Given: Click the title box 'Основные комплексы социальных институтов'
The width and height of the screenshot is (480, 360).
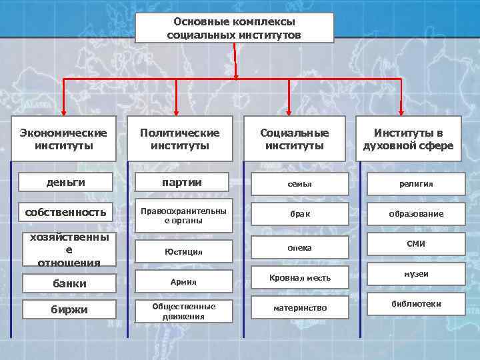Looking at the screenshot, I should (x=234, y=28).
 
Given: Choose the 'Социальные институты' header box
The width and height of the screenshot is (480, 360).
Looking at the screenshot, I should (x=294, y=139).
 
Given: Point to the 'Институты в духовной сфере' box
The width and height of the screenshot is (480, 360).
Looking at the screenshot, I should (x=408, y=139).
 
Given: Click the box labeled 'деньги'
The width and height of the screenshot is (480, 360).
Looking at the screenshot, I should (x=66, y=182).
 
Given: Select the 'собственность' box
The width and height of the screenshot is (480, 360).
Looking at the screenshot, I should (x=66, y=213).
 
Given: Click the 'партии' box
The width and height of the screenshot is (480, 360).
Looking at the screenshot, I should (x=183, y=182).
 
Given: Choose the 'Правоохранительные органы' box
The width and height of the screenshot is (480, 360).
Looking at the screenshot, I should (x=183, y=215).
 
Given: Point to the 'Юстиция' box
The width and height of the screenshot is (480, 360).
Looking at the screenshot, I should (x=184, y=252).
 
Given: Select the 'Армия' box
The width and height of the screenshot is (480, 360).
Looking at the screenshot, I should (x=184, y=282).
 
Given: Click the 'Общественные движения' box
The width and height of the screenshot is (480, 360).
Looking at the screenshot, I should (x=184, y=311).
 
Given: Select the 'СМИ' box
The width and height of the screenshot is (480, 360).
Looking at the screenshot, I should (x=416, y=244).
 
